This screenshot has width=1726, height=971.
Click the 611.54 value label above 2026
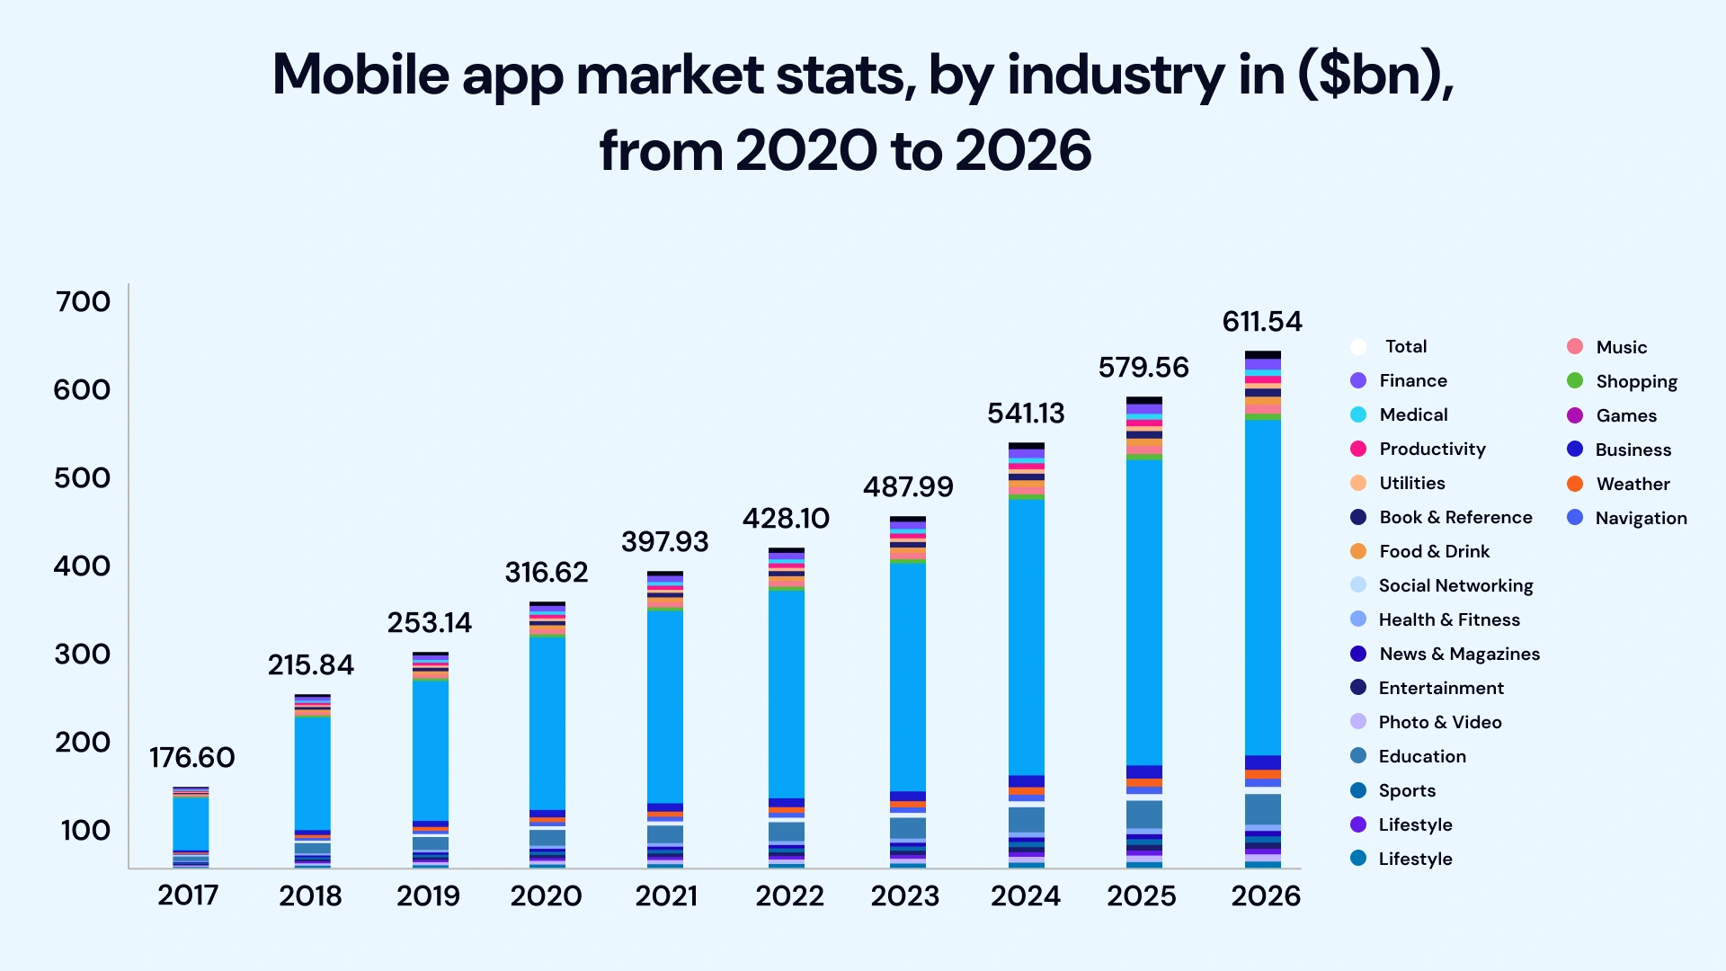1262,322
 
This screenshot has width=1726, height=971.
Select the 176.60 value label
191,758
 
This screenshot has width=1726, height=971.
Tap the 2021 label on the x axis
666,895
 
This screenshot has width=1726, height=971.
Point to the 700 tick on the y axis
83,302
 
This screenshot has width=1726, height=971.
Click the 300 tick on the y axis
83,655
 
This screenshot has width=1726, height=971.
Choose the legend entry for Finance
1412,380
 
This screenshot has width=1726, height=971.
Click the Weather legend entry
1632,484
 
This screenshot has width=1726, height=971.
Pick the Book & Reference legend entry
1455,517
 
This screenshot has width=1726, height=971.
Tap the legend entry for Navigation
1640,518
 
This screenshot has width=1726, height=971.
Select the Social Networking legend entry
1455,585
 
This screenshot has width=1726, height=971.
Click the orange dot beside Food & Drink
1358,551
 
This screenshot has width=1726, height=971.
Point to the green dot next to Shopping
1575,381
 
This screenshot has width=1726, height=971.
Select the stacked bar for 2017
191,827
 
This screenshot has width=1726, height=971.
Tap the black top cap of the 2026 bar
1262,355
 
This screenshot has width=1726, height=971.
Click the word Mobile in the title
360,75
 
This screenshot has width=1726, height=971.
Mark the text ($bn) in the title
1375,75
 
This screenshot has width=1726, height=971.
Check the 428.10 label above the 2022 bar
786,519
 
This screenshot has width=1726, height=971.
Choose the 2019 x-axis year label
428,895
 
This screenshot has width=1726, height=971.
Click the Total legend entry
1405,346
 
